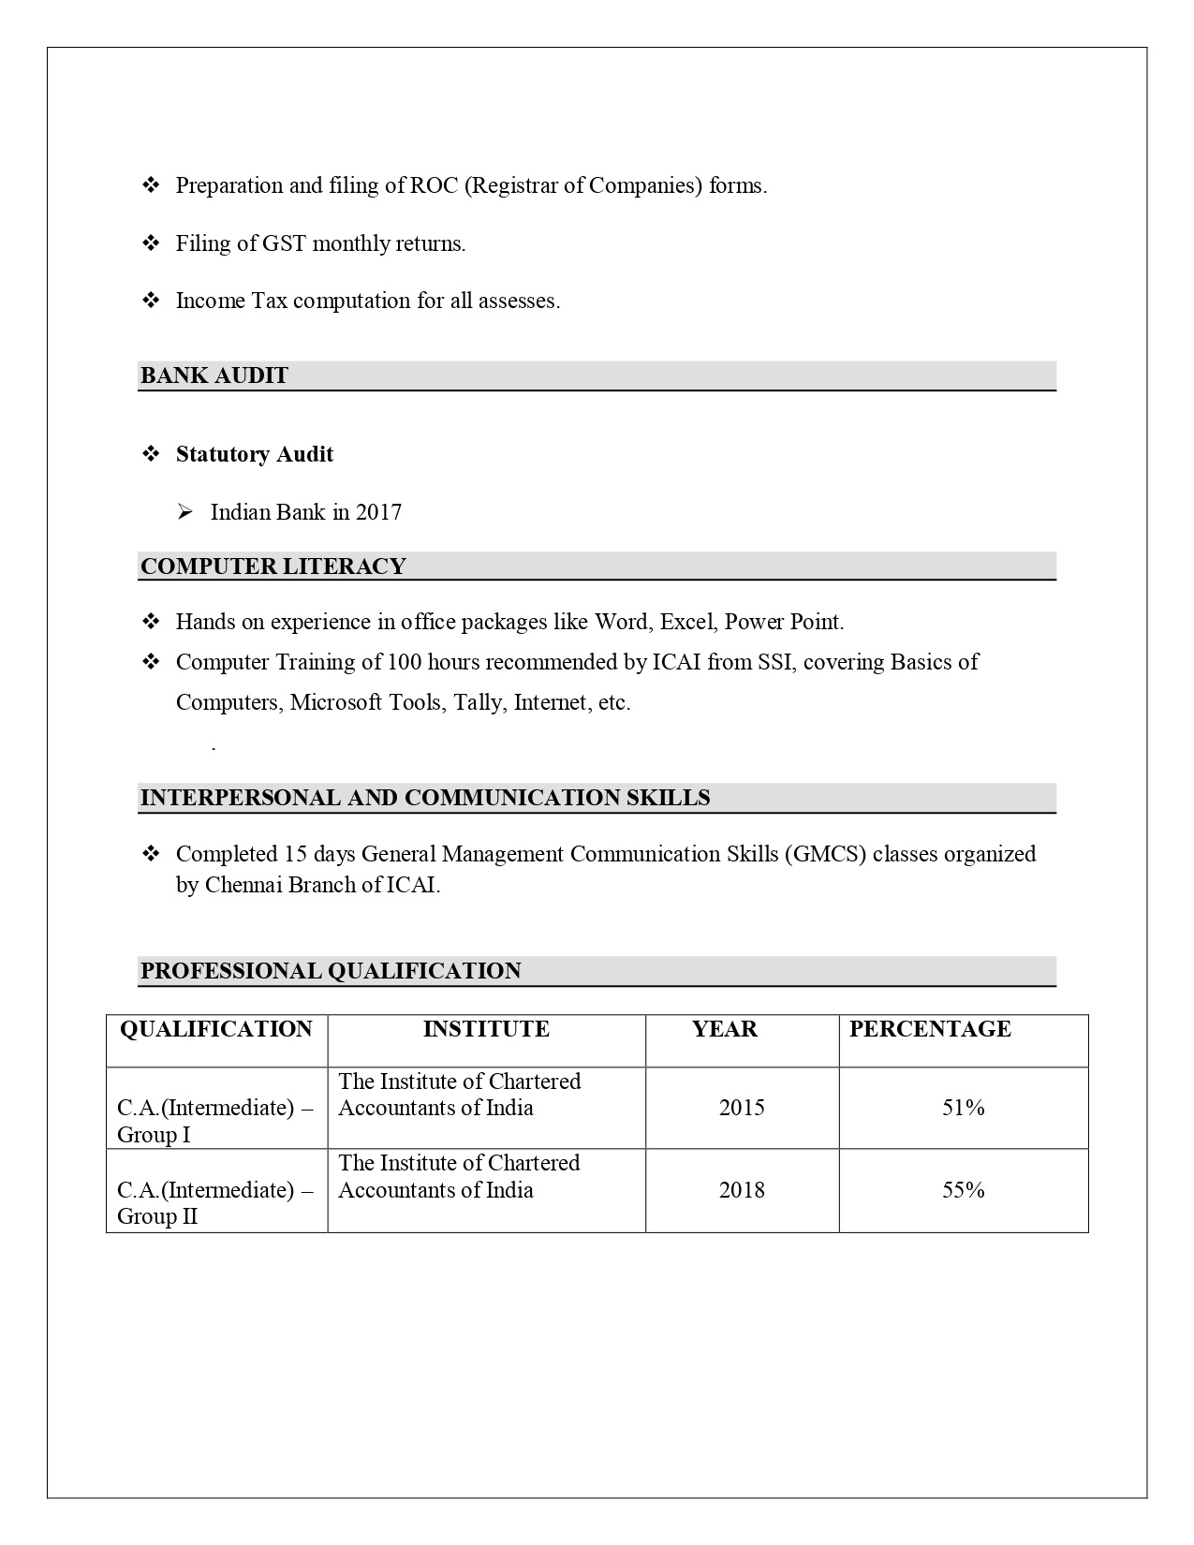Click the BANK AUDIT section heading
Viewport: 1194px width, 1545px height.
[214, 375]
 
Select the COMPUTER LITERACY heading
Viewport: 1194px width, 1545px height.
[273, 566]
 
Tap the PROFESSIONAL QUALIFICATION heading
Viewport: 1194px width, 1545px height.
[331, 971]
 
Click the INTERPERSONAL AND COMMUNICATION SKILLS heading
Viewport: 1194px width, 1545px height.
[425, 798]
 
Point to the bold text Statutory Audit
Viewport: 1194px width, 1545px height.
[255, 454]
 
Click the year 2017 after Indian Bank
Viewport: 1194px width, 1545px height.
[378, 512]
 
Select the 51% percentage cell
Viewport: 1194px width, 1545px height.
[964, 1108]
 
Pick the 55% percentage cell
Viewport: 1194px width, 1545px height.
[964, 1190]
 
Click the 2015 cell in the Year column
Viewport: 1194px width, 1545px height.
[742, 1108]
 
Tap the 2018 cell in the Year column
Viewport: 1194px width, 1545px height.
[742, 1190]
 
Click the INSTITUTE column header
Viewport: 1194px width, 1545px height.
[486, 1029]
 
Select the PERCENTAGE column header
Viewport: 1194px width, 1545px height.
[930, 1029]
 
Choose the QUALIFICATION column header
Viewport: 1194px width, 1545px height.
[216, 1029]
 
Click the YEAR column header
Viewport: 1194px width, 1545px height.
[725, 1029]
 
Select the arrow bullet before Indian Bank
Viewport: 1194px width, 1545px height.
[185, 512]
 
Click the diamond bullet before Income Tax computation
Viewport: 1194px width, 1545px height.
[151, 301]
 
